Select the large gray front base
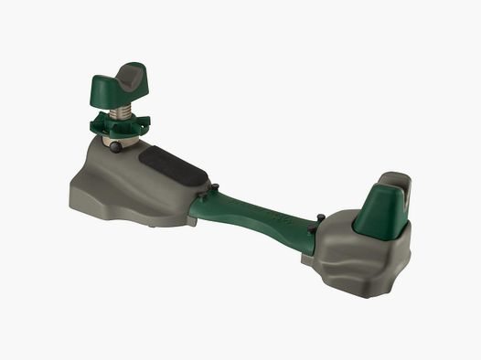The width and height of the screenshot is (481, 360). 137,187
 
